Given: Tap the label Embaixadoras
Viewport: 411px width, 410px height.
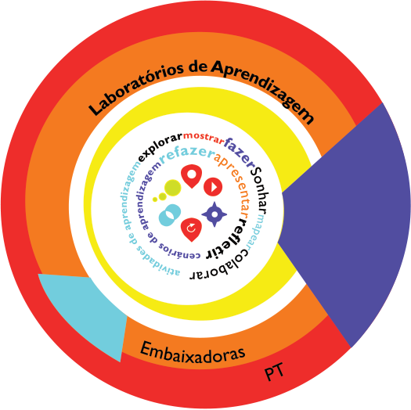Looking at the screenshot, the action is [x=193, y=353].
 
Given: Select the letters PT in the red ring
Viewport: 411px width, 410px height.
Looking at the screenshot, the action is [x=274, y=372].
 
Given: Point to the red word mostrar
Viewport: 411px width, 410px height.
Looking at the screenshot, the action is [x=204, y=138].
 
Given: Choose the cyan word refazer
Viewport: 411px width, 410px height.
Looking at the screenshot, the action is [x=187, y=154].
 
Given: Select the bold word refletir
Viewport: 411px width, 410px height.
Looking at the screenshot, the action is [x=228, y=239].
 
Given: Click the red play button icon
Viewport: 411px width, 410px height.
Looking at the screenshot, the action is [x=213, y=187].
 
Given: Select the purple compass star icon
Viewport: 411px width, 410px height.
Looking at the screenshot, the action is [x=215, y=214].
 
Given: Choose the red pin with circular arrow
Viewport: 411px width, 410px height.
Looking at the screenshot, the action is [x=191, y=229].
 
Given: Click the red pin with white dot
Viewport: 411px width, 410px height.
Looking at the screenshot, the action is [x=191, y=176].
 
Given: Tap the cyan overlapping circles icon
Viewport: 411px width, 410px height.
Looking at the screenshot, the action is [x=170, y=215].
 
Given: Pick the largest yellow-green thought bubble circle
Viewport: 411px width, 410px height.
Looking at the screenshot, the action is [x=172, y=188].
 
